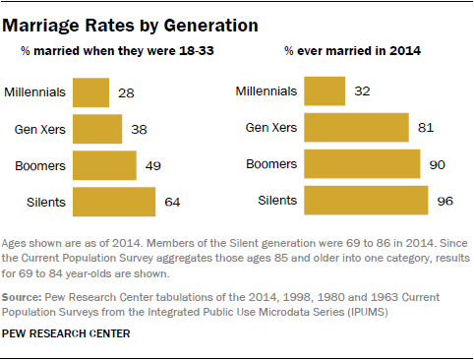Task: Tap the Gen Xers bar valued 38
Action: tap(97, 128)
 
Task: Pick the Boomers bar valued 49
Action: tap(105, 164)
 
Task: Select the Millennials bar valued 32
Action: tap(325, 92)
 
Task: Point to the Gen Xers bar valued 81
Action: tap(356, 128)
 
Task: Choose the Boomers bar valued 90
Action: tap(362, 164)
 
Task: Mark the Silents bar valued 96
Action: tap(366, 201)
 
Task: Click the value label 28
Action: tap(125, 93)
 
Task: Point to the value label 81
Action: tap(425, 129)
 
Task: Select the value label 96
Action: tap(444, 202)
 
